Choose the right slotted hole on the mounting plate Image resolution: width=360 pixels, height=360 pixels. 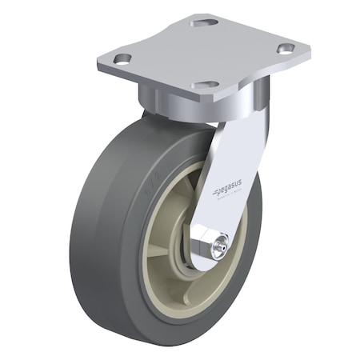click(x=286, y=49)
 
